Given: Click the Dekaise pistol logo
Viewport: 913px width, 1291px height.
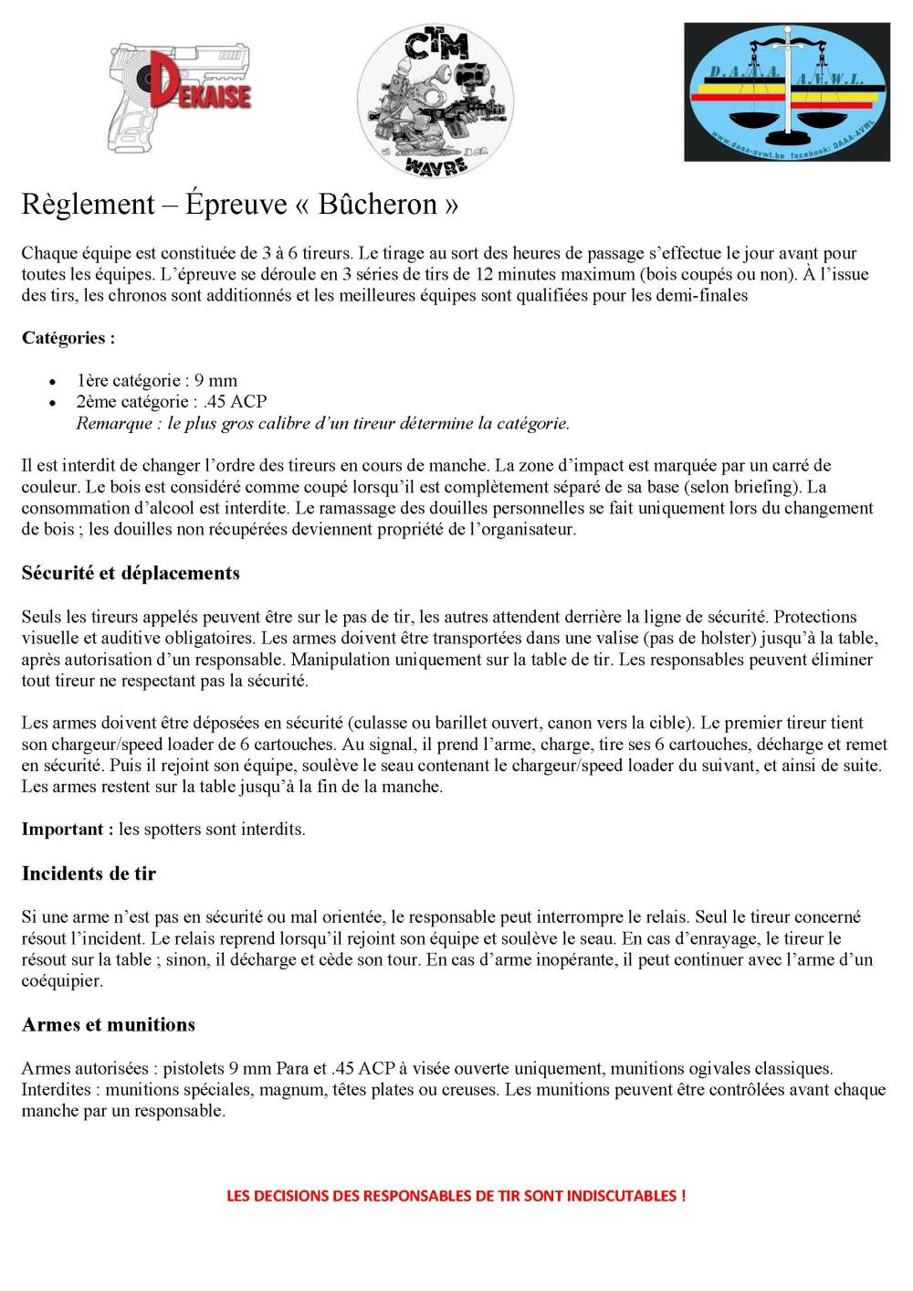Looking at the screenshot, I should (x=179, y=94).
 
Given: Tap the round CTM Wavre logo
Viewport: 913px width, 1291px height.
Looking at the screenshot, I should (x=435, y=101).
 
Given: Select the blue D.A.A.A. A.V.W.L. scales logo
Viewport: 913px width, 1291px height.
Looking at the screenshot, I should (x=787, y=93).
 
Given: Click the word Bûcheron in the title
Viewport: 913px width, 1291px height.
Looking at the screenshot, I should (x=377, y=205).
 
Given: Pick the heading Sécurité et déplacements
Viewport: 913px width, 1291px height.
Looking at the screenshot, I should (x=131, y=573).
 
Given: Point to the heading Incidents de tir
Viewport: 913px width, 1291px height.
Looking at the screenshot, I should (x=89, y=873).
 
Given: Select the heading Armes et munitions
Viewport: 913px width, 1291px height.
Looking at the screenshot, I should (x=109, y=1024).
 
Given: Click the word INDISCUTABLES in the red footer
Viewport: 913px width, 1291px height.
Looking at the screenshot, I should (x=622, y=1195).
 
